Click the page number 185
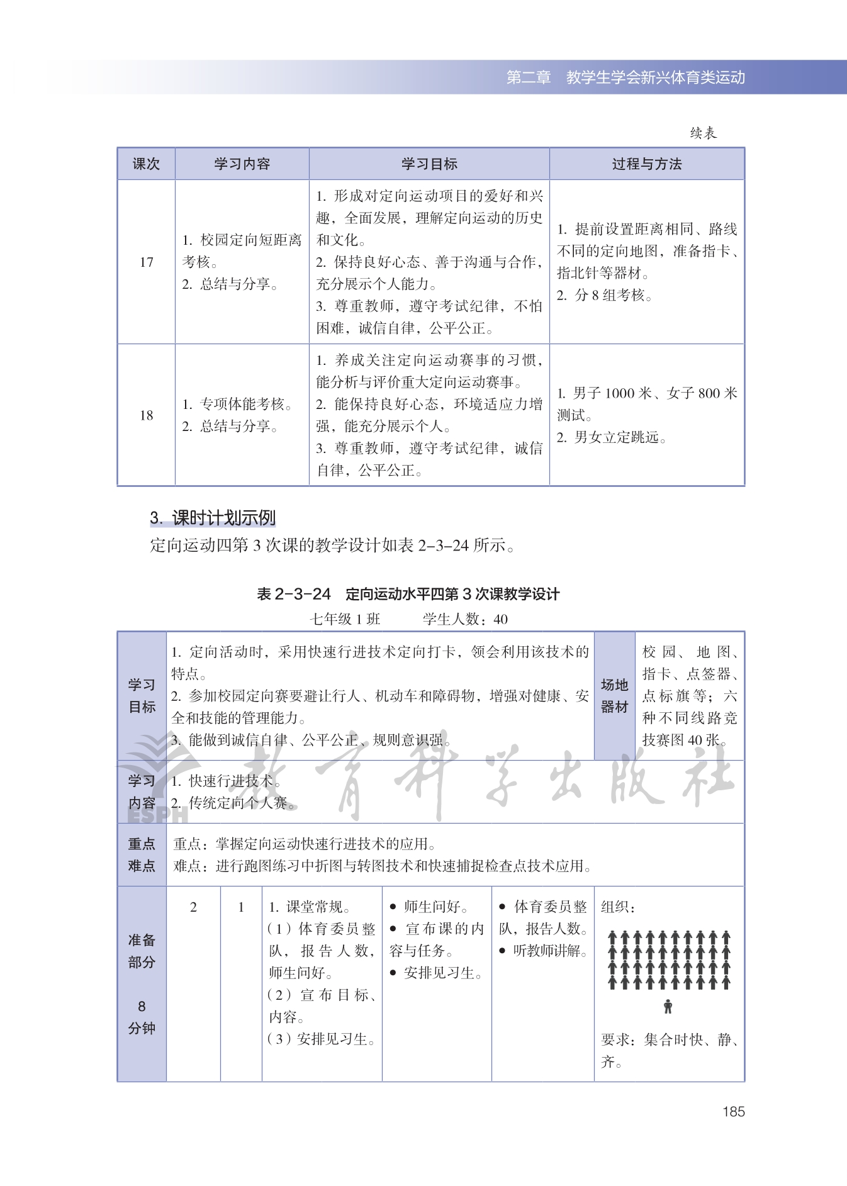[733, 1112]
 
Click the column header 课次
[146, 164]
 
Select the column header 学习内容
[242, 164]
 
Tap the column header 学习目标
[429, 164]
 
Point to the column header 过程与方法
[647, 164]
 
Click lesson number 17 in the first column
[147, 262]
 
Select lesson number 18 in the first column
[147, 415]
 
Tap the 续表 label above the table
[703, 133]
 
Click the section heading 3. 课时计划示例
[213, 518]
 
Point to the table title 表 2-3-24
[294, 594]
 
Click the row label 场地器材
[614, 696]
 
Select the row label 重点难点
[142, 854]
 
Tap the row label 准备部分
[142, 951]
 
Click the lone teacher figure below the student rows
[668, 1007]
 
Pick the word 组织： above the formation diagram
[618, 907]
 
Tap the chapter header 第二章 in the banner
[529, 77]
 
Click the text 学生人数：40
[465, 619]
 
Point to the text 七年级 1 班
[345, 619]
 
